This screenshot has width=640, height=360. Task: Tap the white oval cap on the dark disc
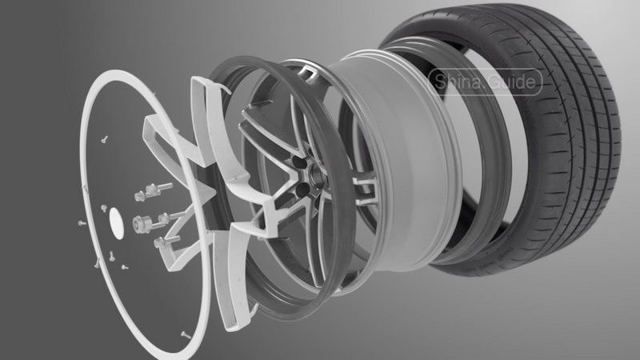pos(117,223)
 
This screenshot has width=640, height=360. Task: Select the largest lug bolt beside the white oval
pos(144,224)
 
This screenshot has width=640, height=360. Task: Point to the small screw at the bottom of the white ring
pos(186,335)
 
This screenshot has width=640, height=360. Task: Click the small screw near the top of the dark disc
pos(105,139)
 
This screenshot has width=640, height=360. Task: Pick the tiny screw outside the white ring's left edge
pos(82,223)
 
